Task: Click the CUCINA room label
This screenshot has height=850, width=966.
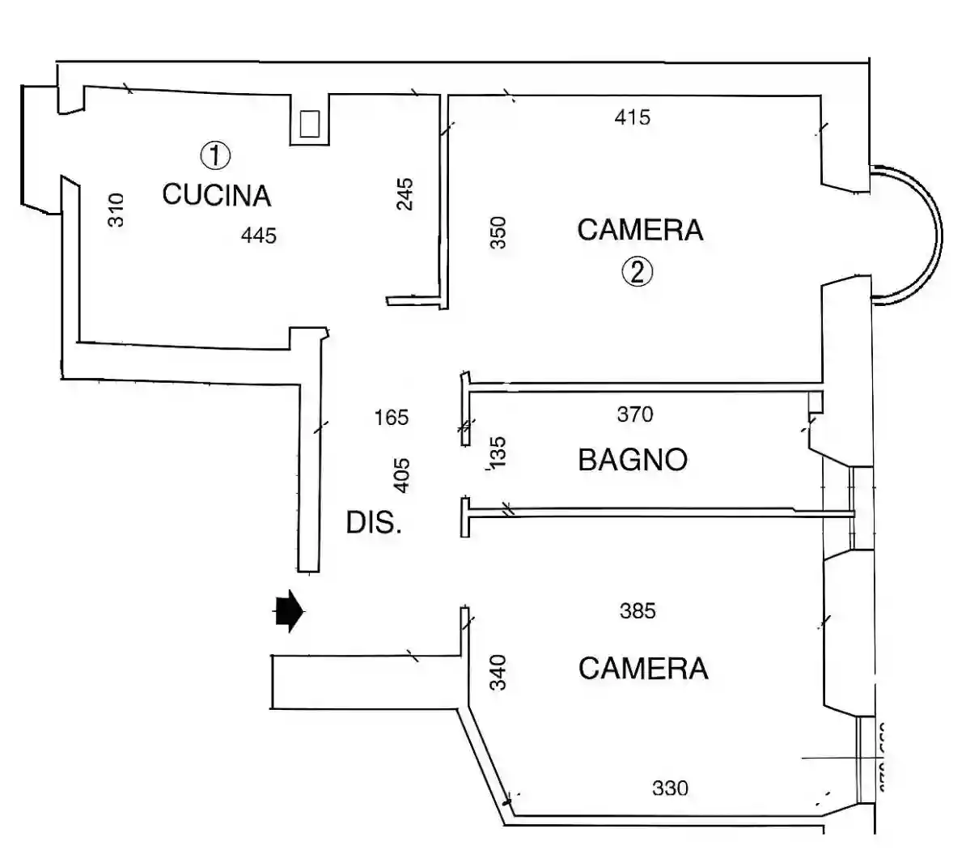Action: pos(216,195)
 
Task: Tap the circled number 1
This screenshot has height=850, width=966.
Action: pos(216,155)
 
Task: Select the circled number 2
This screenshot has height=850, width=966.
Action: pos(637,272)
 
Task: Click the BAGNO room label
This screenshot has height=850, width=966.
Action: pos(633,460)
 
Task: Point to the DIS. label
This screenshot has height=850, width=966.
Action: pos(373,523)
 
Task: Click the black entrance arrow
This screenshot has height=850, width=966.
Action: pos(289,611)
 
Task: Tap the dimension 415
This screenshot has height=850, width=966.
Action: pos(632,117)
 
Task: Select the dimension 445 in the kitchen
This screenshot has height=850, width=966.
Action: pos(259,236)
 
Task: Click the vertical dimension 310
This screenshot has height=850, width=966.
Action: pos(117,210)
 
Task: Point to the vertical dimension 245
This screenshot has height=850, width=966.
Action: pos(405,194)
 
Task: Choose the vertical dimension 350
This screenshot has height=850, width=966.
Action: pos(498,232)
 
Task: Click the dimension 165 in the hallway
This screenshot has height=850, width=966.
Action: pos(392,418)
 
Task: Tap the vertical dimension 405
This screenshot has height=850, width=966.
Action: pos(401,475)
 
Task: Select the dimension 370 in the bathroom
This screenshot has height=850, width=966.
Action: pos(634,414)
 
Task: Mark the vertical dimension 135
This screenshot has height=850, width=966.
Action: pos(498,453)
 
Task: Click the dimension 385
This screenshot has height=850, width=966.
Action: pos(638,611)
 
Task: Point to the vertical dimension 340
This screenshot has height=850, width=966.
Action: pos(498,672)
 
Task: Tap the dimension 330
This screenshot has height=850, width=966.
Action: pos(670,788)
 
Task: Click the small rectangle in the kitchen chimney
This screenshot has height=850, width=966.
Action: pos(309,124)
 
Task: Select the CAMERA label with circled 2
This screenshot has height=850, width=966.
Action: pos(640,230)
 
